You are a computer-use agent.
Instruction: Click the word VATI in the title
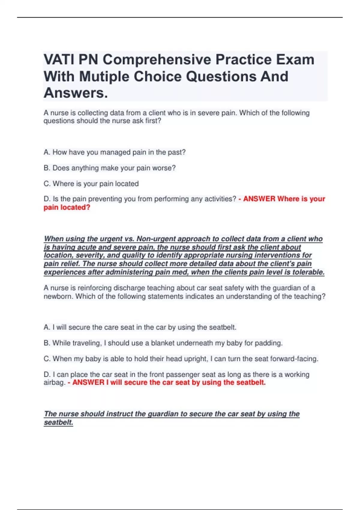point(58,59)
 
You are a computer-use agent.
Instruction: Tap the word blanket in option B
point(162,343)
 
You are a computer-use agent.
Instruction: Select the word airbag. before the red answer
point(54,382)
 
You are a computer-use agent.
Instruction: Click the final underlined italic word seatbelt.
point(58,422)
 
